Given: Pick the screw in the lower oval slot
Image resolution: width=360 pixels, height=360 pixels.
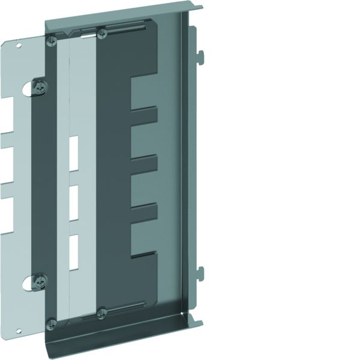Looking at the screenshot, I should point(40,280).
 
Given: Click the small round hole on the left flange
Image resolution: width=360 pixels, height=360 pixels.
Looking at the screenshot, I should point(19,44).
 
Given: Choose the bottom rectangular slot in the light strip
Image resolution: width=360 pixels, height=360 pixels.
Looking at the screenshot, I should point(74,247).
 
